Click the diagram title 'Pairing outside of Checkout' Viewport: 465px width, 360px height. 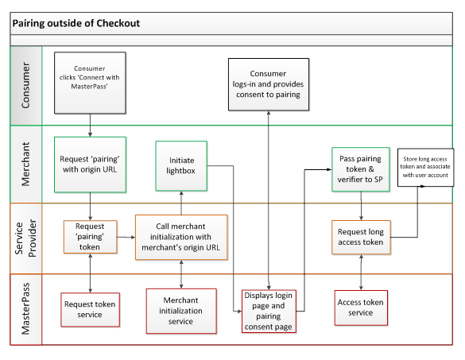click(76, 23)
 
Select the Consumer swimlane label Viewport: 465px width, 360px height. click(25, 85)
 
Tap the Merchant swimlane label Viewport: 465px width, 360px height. click(25, 164)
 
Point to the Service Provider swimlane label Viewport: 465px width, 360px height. click(25, 238)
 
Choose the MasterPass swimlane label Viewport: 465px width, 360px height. click(25, 308)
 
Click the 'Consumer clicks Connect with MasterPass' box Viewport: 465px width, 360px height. click(90, 83)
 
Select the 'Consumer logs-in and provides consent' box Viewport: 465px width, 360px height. click(269, 84)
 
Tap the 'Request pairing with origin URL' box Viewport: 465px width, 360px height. click(90, 165)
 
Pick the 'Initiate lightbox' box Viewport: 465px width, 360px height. click(181, 166)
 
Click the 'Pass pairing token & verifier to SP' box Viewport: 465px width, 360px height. click(361, 169)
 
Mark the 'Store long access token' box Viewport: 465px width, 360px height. click(425, 167)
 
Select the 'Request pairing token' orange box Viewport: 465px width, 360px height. click(90, 237)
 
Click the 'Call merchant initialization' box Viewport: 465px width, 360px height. click(181, 238)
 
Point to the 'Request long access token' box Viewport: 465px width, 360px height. click(361, 238)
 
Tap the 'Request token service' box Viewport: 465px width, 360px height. click(90, 310)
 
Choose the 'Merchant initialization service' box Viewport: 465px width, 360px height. click(181, 311)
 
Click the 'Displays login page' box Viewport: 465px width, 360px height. click(269, 311)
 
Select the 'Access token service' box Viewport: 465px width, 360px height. click(361, 308)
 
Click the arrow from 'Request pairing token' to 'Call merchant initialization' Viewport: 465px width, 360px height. click(126, 237)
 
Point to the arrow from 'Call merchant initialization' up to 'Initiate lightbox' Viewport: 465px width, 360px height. click(181, 203)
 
